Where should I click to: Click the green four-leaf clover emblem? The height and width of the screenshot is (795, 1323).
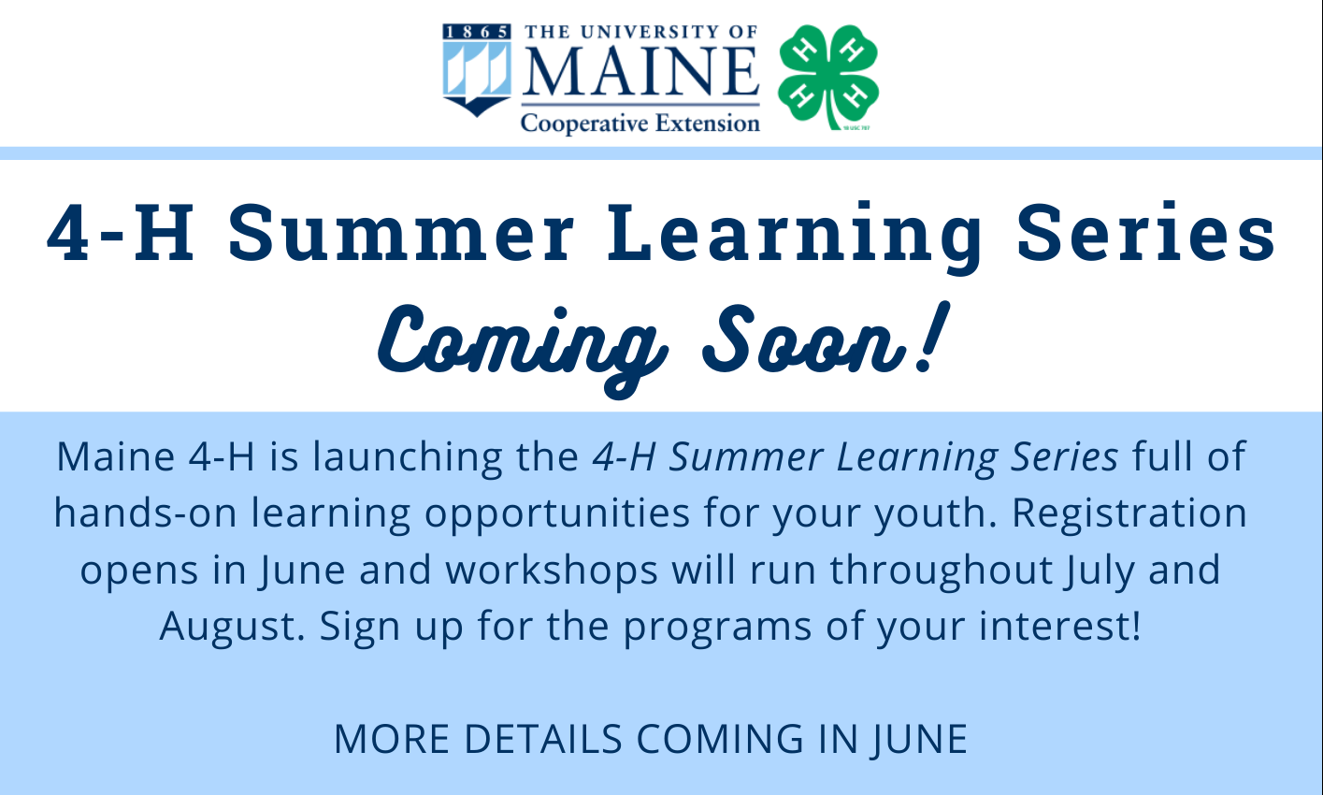828,76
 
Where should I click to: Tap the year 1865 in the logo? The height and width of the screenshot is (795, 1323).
477,32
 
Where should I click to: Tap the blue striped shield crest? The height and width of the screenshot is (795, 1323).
477,70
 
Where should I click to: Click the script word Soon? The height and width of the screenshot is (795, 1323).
804,340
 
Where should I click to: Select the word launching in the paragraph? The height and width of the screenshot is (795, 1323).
407,456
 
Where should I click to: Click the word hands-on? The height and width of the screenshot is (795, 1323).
145,513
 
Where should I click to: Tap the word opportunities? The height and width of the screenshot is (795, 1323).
557,513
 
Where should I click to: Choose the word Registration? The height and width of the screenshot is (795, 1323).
1129,513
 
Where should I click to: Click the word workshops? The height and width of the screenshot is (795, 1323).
552,570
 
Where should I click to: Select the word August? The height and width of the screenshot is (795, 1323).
232,627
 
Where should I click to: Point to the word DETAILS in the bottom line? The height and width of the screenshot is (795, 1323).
543,739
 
